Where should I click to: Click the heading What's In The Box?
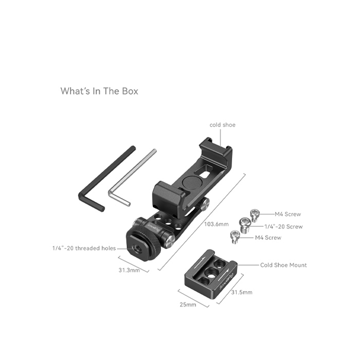(x=99, y=91)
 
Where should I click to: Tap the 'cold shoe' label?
(x=223, y=125)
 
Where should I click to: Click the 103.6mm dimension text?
(x=217, y=224)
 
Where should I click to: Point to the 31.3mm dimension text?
(x=129, y=270)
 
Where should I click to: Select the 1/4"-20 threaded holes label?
(x=84, y=248)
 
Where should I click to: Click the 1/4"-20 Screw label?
(x=283, y=227)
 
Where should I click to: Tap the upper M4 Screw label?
(x=287, y=214)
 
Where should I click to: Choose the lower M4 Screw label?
(x=268, y=238)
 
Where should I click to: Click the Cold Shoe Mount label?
(x=283, y=265)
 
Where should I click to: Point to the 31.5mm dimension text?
(x=242, y=292)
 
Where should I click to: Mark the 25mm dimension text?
(x=188, y=304)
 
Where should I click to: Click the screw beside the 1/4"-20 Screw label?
(x=244, y=225)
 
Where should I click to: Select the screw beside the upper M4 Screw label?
(x=255, y=215)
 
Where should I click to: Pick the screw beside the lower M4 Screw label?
(x=235, y=237)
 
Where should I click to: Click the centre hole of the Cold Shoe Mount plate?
(x=210, y=273)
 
